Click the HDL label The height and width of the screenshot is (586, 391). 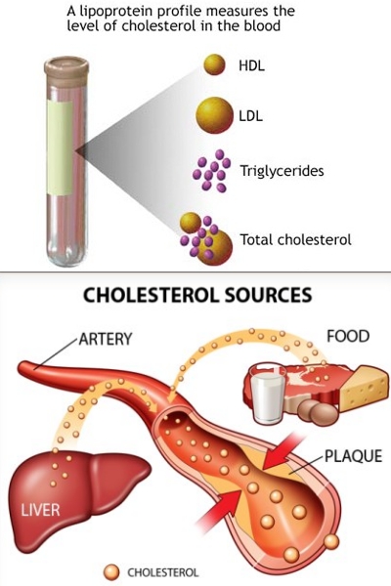[251, 65]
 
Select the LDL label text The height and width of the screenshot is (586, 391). [250, 116]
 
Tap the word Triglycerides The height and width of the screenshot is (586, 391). [282, 171]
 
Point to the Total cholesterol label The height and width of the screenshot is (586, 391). [295, 239]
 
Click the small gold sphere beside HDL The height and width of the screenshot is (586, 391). [214, 64]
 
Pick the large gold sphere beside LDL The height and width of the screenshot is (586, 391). [214, 115]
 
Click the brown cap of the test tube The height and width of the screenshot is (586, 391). [66, 70]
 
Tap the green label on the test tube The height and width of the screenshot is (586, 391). [60, 147]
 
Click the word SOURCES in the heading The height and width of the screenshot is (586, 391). [268, 295]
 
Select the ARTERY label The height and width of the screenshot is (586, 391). [106, 339]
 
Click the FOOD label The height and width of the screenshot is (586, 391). [348, 336]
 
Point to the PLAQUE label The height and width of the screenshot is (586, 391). [353, 456]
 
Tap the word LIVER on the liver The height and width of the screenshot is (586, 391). [40, 510]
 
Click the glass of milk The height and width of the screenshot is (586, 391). [267, 395]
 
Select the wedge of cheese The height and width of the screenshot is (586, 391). [364, 389]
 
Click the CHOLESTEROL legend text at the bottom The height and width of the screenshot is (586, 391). [163, 572]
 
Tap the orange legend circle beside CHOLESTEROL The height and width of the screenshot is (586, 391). [111, 572]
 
